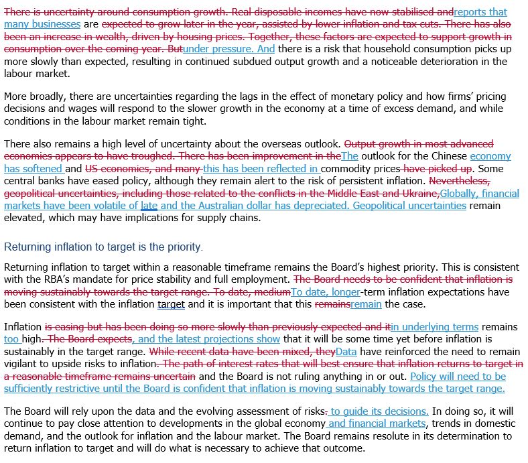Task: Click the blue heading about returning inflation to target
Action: coord(103,247)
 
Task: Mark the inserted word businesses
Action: coord(57,24)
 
